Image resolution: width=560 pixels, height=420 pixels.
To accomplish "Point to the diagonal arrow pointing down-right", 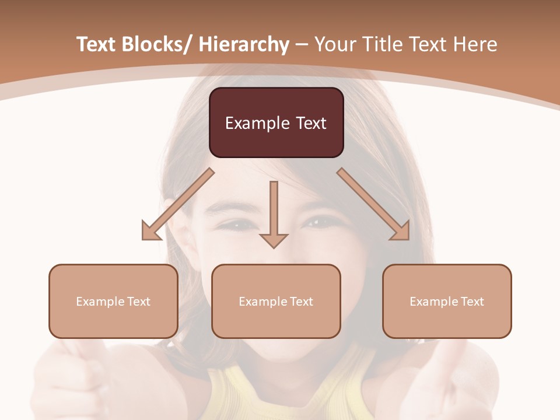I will coord(374,204).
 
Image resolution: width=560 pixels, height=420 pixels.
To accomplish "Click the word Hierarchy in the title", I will coord(244,44).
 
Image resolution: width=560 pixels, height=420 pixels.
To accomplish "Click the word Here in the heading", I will coord(474,44).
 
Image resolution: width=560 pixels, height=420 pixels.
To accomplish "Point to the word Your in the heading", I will coord(334,44).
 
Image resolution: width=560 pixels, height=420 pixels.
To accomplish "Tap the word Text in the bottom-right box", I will coord(471,302).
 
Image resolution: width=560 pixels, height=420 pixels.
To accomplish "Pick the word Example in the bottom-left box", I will coord(100,302).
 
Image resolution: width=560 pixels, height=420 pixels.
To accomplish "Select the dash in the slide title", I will coord(302,44).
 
